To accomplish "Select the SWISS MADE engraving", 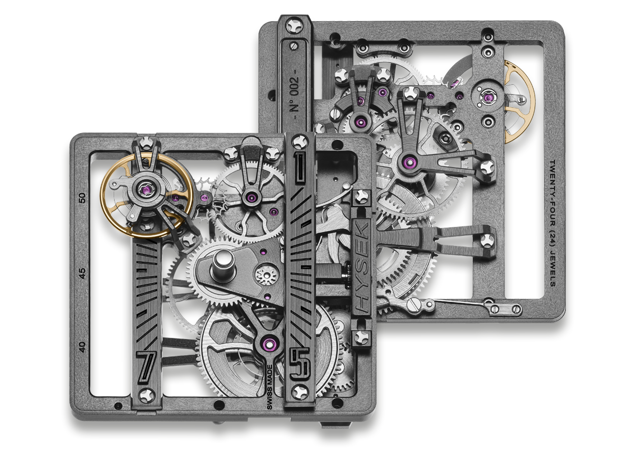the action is (269, 387).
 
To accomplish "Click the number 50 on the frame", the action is (82, 198).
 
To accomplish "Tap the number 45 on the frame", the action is (82, 273).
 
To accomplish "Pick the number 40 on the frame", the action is (82, 347).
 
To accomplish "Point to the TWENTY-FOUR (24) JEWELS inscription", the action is (552, 223).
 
